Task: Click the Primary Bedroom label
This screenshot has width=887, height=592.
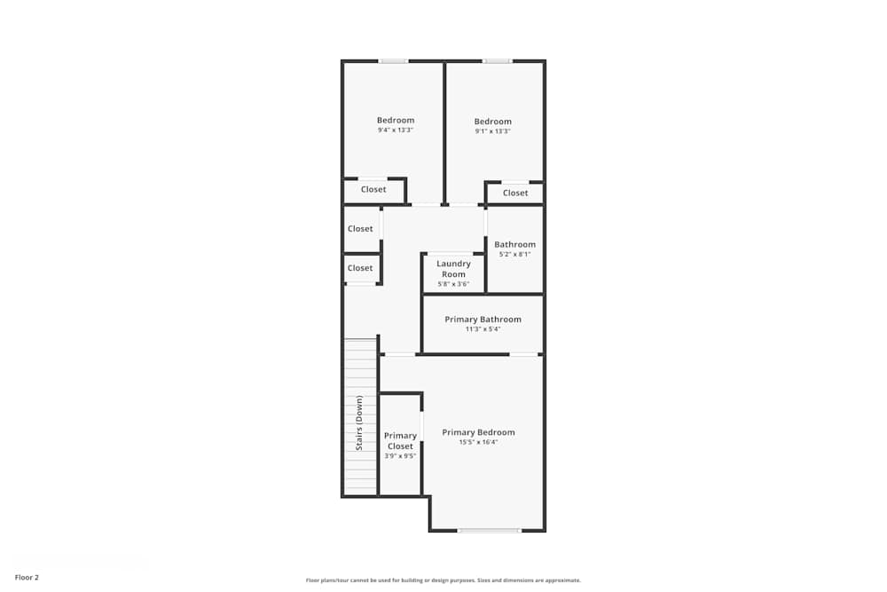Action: tap(478, 432)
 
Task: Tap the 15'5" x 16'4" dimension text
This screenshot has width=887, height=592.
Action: tap(478, 442)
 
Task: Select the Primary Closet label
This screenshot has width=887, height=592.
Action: tap(400, 441)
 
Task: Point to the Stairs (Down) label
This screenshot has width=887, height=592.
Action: tap(359, 422)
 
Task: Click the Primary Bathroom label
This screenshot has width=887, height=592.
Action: tap(483, 320)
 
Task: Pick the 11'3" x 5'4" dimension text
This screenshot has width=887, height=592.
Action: tap(483, 329)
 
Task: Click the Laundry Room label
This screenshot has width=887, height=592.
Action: tap(453, 269)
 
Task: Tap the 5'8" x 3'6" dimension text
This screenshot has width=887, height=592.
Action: tap(453, 284)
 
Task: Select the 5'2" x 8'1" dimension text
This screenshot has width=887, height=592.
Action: tap(514, 254)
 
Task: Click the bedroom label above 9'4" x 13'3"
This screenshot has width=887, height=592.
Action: tap(396, 121)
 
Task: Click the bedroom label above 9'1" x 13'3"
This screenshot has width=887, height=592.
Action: tap(493, 122)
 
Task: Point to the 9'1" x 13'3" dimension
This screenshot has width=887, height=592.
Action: tap(493, 131)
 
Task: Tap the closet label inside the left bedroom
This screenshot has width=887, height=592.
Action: tap(373, 189)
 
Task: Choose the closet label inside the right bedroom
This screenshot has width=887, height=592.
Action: tap(515, 193)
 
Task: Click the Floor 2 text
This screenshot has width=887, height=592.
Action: tap(27, 577)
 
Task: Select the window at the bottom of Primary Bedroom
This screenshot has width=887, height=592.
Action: tap(489, 531)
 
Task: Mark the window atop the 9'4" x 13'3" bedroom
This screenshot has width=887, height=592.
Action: tap(394, 60)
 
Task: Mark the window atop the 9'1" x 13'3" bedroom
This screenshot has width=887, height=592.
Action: tap(497, 60)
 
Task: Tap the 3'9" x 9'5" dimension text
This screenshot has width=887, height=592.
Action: tap(400, 456)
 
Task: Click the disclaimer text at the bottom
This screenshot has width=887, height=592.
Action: tap(443, 580)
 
